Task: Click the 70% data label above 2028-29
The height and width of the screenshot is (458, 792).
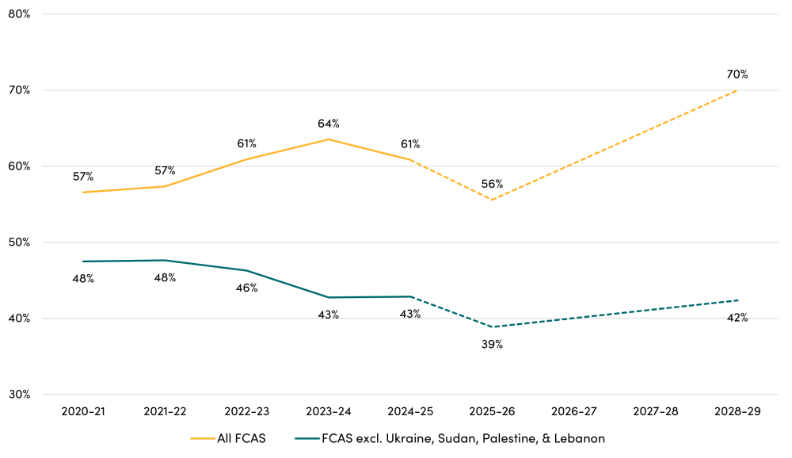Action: [737, 74]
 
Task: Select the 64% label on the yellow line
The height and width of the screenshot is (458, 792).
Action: [329, 124]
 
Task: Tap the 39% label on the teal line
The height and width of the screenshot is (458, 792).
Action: [493, 345]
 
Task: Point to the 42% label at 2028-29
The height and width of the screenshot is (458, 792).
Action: [737, 318]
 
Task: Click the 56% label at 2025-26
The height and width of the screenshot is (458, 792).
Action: [493, 184]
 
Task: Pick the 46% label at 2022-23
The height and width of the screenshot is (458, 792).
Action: [246, 288]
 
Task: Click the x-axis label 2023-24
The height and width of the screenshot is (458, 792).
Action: [329, 413]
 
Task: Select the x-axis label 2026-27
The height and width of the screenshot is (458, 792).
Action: [574, 413]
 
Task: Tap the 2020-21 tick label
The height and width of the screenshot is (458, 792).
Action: [83, 413]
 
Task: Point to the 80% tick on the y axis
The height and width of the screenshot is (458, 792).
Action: [19, 14]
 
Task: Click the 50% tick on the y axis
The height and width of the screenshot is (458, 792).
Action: [19, 242]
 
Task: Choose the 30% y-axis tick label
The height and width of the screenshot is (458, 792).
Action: [19, 395]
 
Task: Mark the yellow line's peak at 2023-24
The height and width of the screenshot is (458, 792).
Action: [329, 139]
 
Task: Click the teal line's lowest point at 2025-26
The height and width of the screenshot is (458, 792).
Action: [493, 327]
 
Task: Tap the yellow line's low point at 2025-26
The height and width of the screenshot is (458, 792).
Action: [493, 200]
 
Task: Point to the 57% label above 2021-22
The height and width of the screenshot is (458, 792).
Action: [165, 170]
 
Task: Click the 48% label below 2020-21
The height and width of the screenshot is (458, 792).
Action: [83, 278]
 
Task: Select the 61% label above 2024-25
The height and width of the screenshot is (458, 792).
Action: [410, 144]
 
